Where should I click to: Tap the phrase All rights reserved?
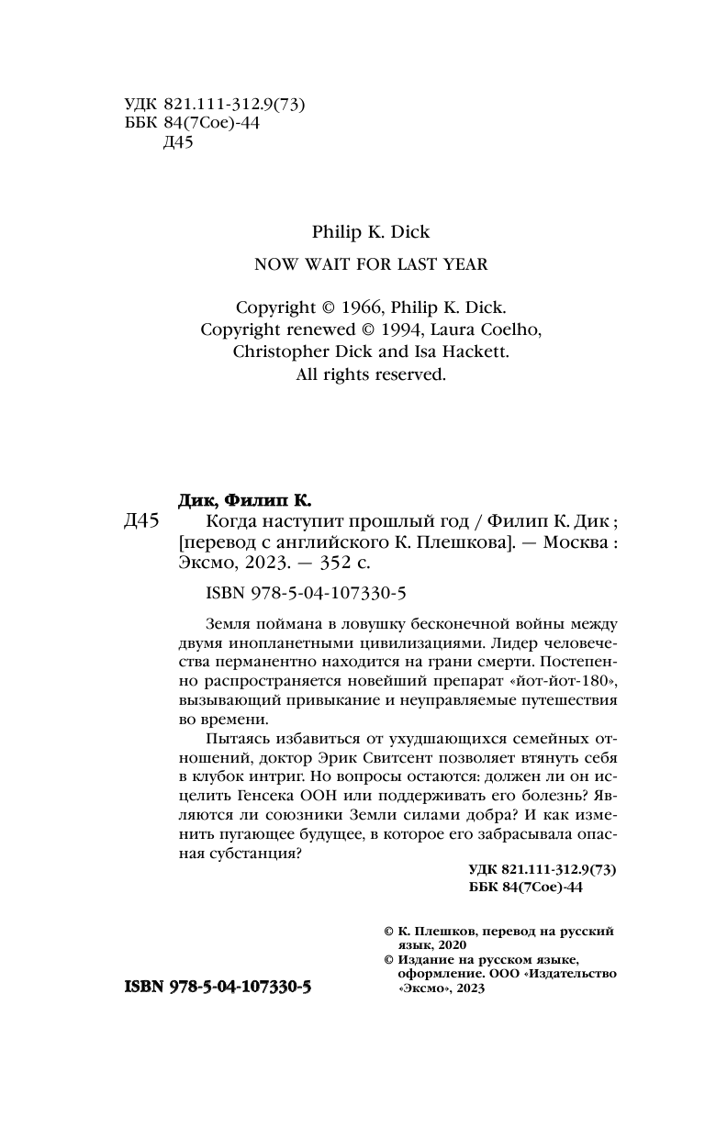(x=371, y=374)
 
